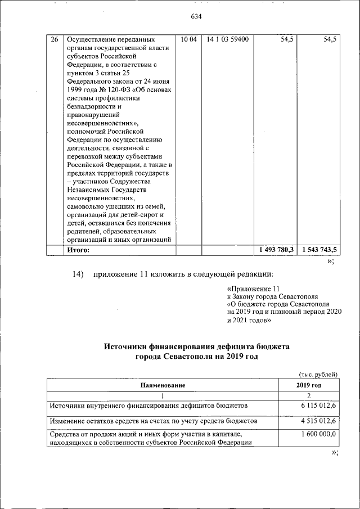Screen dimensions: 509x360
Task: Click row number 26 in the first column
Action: (54, 39)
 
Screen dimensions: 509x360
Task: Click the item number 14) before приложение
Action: (78, 274)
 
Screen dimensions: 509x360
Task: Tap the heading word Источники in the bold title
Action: (127, 348)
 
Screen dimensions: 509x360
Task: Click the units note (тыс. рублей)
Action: (317, 373)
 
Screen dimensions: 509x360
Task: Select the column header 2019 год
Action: (309, 385)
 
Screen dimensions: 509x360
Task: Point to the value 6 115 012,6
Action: (318, 406)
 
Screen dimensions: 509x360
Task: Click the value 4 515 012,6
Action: (318, 421)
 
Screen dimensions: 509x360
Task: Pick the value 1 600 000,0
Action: (318, 435)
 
